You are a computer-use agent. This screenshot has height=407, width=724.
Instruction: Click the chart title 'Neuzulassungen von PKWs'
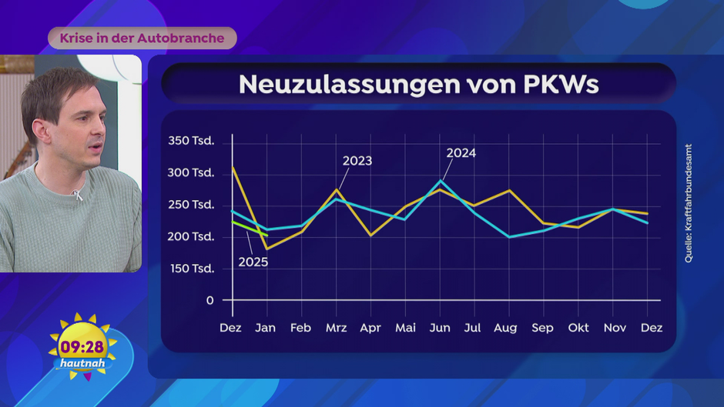click(x=418, y=84)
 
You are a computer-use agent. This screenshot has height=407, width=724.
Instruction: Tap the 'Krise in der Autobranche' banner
click(x=142, y=38)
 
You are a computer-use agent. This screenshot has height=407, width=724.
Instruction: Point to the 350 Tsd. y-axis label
click(x=191, y=141)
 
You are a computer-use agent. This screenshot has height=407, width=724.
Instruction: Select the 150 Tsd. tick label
click(x=191, y=268)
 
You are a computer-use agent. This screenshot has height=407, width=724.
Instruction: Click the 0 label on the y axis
click(x=209, y=300)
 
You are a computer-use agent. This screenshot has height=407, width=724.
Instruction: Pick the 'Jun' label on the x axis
click(x=440, y=328)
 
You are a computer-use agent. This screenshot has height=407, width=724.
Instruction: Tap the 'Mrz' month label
click(x=336, y=328)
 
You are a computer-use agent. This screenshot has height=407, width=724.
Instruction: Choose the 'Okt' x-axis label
click(x=578, y=328)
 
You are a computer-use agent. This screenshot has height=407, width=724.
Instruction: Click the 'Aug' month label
click(x=505, y=328)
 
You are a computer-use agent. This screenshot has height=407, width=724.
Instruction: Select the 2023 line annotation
click(x=357, y=161)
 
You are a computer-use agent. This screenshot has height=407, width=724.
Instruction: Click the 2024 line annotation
click(x=461, y=153)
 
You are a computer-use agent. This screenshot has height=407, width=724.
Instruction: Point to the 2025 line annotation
click(x=253, y=262)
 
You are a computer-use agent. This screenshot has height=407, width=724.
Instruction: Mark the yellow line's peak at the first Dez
click(x=233, y=166)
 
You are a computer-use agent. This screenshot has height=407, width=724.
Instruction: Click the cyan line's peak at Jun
click(x=441, y=181)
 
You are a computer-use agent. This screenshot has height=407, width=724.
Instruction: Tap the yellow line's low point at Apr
click(x=371, y=235)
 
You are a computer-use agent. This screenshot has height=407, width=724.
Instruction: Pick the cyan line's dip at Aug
click(x=509, y=236)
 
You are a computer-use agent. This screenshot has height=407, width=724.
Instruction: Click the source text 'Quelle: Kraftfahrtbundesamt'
click(x=689, y=203)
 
